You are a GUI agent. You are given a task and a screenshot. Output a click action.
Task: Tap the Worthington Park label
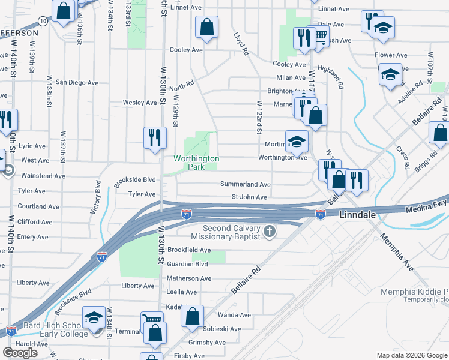[196, 163]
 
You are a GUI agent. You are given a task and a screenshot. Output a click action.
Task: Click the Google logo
[20, 352]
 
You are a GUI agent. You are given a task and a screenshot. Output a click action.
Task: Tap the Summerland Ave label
[245, 185]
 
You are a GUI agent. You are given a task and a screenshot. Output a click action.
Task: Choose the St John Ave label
[249, 197]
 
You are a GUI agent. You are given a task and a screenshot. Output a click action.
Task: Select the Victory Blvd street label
[98, 196]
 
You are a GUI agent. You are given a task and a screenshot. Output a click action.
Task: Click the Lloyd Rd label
[241, 44]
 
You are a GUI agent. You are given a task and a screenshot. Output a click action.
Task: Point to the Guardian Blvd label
[187, 263]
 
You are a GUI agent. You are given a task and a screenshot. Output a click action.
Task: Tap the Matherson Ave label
[189, 278]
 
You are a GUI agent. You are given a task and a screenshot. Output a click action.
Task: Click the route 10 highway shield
[42, 20]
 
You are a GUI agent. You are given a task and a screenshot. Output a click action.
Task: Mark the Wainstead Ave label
[43, 176]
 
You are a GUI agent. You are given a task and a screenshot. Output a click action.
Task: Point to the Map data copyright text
[411, 355]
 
